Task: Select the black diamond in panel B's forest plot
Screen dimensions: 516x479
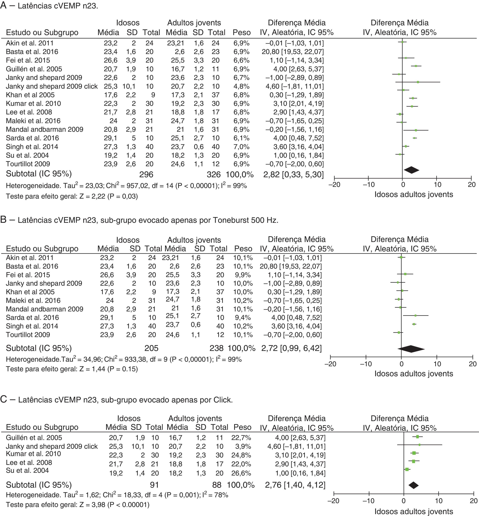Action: (411, 349)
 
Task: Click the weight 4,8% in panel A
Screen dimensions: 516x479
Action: (241, 86)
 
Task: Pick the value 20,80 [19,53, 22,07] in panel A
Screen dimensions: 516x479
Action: (293, 52)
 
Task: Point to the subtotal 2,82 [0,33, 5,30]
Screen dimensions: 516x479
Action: (293, 174)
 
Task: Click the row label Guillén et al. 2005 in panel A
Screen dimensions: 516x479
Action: (34, 69)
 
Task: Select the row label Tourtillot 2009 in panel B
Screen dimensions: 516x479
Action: (28, 335)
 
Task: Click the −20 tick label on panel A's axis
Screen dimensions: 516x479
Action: (334, 185)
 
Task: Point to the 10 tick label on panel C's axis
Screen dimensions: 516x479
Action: (439, 501)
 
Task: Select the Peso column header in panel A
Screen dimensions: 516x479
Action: (242, 33)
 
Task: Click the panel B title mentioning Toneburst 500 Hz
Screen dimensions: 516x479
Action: (148, 220)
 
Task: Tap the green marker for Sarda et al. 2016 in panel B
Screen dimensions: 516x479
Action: (415, 315)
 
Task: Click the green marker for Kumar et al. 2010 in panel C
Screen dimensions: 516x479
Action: (414, 453)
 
